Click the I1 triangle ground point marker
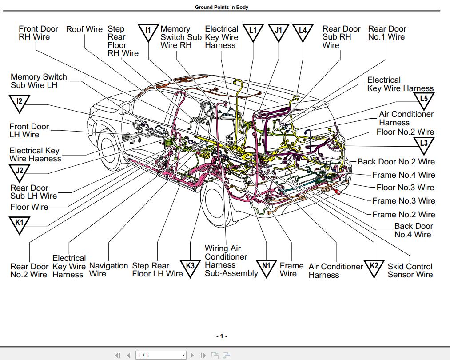(149, 32)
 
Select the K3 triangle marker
(190, 268)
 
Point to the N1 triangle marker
(267, 268)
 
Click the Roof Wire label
(84, 29)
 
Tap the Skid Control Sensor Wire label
(410, 271)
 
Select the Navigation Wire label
(108, 270)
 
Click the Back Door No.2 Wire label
(396, 162)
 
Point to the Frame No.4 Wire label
(403, 175)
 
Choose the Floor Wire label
(29, 207)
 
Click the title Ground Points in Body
(222, 7)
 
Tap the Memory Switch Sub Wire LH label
(39, 81)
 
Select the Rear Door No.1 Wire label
(387, 33)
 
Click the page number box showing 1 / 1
(160, 355)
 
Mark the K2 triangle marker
(374, 268)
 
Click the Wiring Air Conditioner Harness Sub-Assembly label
(231, 261)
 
